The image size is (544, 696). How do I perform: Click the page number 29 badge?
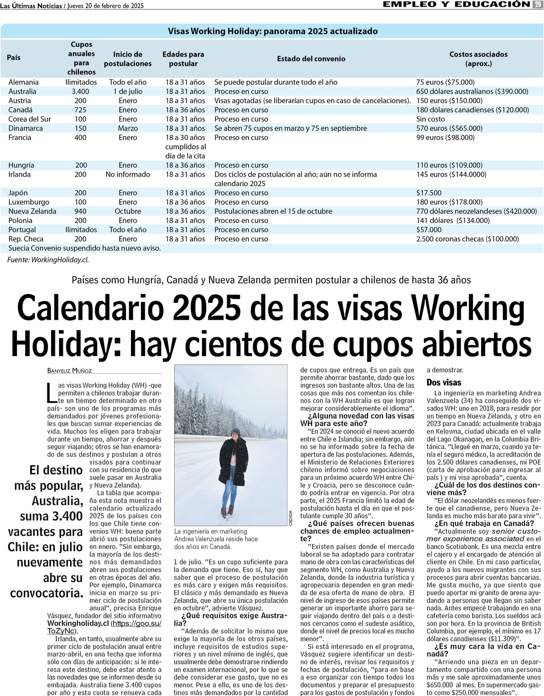pyautogui.click(x=537, y=4)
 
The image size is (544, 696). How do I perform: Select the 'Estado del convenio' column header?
pyautogui.click(x=311, y=59)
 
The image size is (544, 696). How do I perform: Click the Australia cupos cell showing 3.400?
pyautogui.click(x=80, y=91)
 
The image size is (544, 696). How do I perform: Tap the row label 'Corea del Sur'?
pyautogui.click(x=29, y=119)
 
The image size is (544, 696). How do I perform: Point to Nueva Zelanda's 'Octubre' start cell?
pyautogui.click(x=128, y=211)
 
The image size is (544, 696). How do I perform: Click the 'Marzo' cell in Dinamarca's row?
pyautogui.click(x=128, y=128)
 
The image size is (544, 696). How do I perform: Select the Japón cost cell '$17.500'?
pyautogui.click(x=429, y=193)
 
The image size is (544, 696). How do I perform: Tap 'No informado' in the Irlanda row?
pyautogui.click(x=128, y=174)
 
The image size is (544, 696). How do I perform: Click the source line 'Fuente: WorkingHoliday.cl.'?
pyautogui.click(x=48, y=260)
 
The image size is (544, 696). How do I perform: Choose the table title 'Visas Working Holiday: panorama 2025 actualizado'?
pyautogui.click(x=272, y=31)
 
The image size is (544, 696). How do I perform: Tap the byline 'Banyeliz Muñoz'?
pyautogui.click(x=70, y=371)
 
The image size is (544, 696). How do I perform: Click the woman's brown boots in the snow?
pyautogui.click(x=227, y=511)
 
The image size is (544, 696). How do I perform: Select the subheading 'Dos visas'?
pyautogui.click(x=444, y=383)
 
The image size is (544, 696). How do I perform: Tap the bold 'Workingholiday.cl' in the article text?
pyautogui.click(x=78, y=624)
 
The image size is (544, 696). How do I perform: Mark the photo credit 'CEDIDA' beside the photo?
pyautogui.click(x=290, y=517)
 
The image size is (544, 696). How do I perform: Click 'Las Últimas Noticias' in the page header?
pyautogui.click(x=31, y=6)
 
